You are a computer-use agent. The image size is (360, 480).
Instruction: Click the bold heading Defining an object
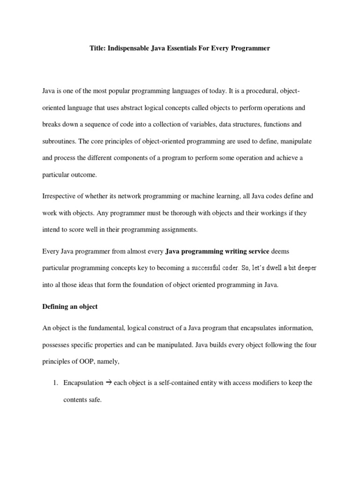(70, 307)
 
